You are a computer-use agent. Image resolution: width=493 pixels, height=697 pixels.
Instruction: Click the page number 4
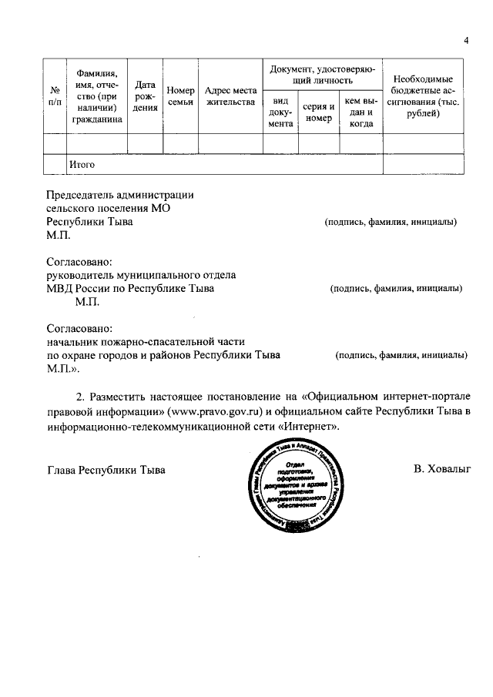[x=466, y=40]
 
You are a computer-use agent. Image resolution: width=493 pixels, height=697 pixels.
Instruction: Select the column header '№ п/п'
[x=55, y=96]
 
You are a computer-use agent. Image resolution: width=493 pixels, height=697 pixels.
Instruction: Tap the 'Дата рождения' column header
[x=145, y=96]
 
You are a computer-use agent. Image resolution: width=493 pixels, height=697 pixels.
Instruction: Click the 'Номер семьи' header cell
[x=179, y=96]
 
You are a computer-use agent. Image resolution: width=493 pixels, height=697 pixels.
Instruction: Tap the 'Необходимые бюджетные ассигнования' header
[x=423, y=96]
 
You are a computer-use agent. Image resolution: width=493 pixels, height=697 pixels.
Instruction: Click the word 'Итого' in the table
[x=82, y=164]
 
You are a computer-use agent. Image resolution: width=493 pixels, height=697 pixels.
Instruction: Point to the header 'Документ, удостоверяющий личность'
[x=322, y=74]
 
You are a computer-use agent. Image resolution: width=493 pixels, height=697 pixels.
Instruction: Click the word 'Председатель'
[x=80, y=195]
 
